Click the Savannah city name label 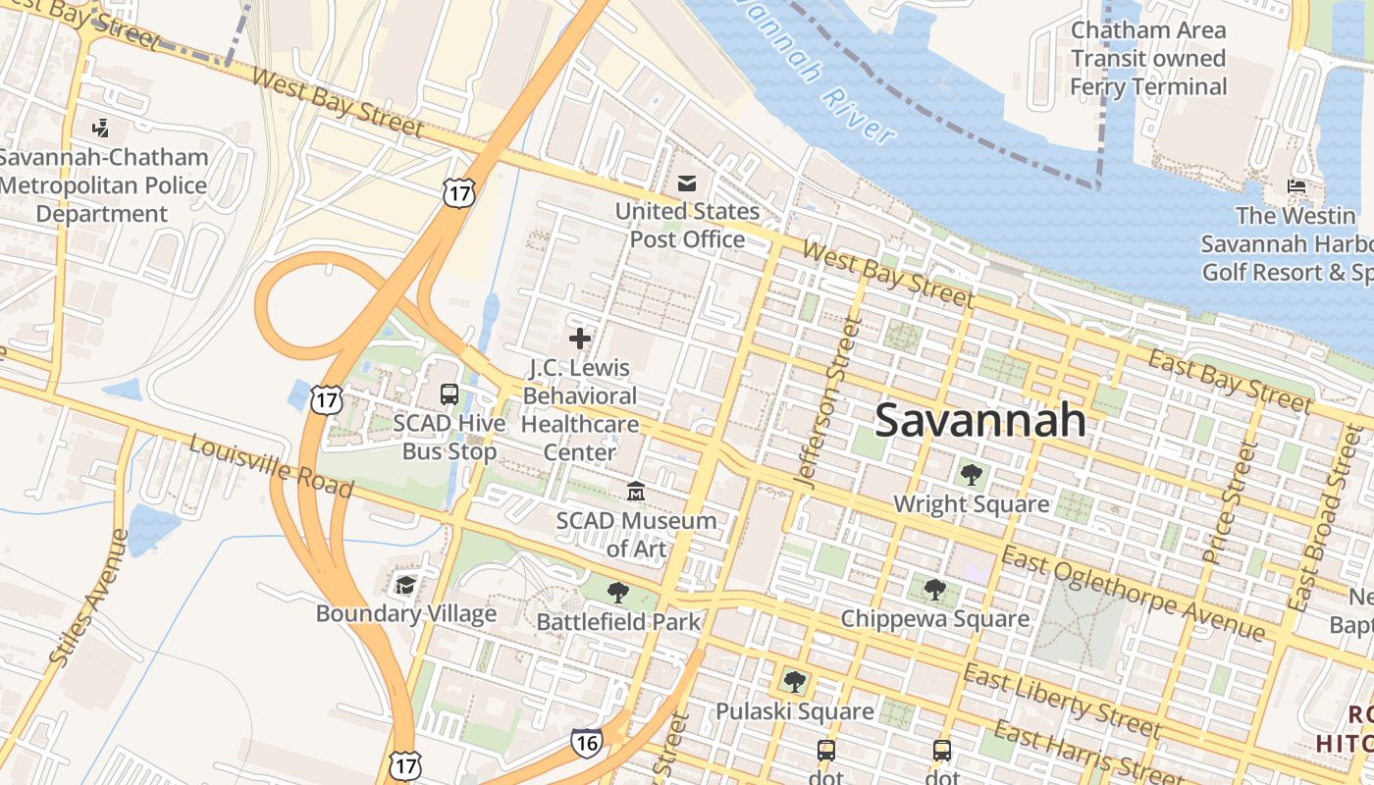click(x=979, y=420)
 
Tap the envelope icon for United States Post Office click(x=687, y=183)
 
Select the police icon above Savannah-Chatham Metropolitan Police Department click(x=100, y=128)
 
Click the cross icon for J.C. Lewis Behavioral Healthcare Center click(x=580, y=339)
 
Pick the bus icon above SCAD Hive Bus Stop click(x=449, y=394)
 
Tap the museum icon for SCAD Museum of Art click(x=636, y=491)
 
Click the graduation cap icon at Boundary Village click(x=405, y=586)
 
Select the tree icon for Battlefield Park click(x=617, y=592)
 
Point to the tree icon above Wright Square click(x=971, y=475)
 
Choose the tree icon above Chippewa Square click(x=935, y=590)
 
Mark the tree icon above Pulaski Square click(x=794, y=681)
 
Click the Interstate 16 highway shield click(x=585, y=744)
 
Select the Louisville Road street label click(x=271, y=466)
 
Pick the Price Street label click(x=1230, y=502)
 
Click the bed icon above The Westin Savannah click(x=1295, y=186)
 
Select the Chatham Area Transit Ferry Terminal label click(x=1147, y=59)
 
